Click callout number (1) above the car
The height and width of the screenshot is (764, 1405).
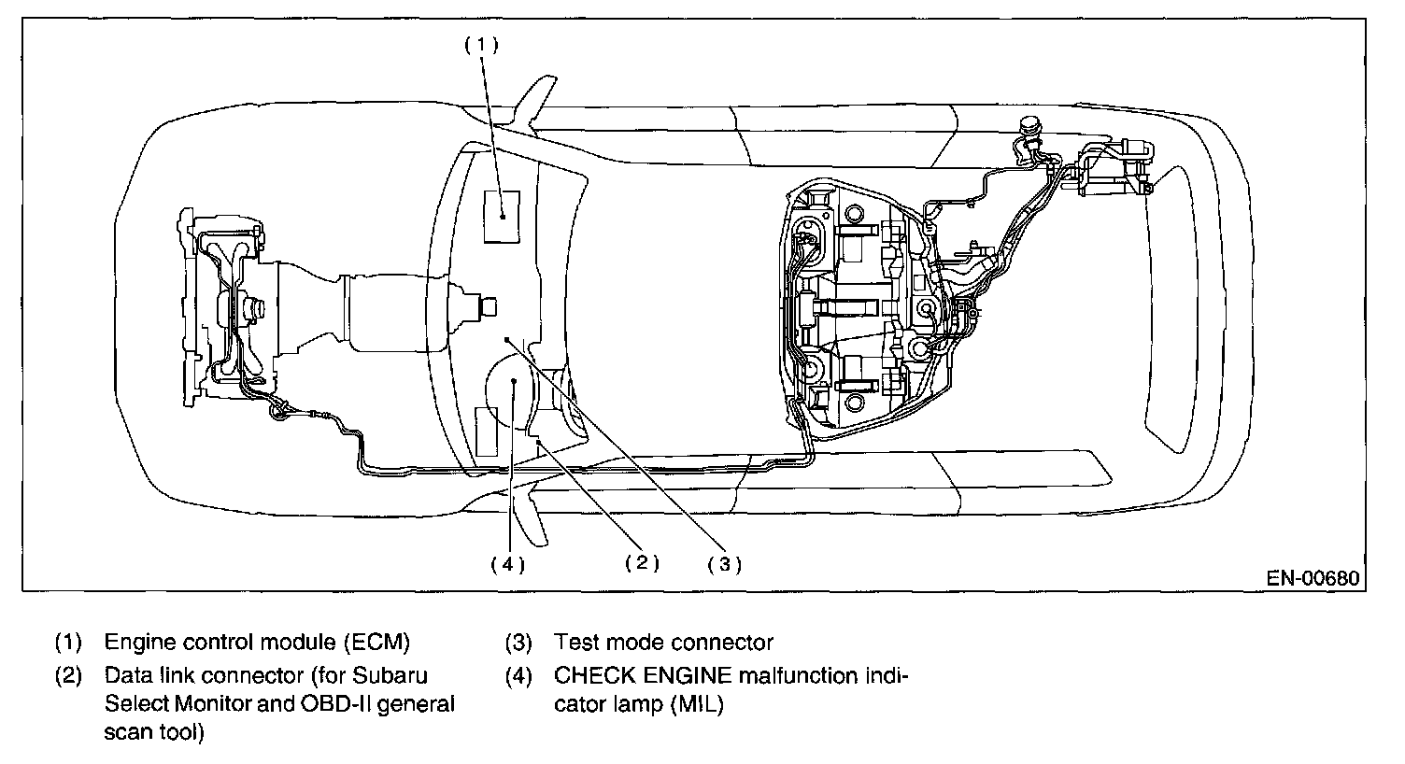coord(482,45)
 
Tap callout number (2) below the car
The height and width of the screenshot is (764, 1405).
coord(643,562)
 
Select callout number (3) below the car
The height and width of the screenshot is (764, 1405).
coord(725,564)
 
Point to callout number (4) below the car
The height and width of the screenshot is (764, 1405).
coord(508,565)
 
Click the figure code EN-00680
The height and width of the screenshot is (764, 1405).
coord(1313,578)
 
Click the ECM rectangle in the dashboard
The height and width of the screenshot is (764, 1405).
coord(502,217)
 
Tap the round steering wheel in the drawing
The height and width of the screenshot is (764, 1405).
coord(512,390)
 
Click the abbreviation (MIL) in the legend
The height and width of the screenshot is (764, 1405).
coord(697,704)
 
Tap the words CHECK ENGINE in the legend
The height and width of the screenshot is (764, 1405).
coord(643,675)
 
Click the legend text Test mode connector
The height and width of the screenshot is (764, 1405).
coord(663,643)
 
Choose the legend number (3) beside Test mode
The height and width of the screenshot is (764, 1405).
coord(518,643)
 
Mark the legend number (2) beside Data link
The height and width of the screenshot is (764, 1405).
coord(68,676)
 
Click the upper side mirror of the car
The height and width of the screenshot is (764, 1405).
coord(534,104)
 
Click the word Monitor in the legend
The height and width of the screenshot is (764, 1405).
coord(213,704)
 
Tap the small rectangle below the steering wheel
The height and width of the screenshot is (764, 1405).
coord(486,432)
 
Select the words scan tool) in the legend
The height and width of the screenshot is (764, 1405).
coord(154,732)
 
